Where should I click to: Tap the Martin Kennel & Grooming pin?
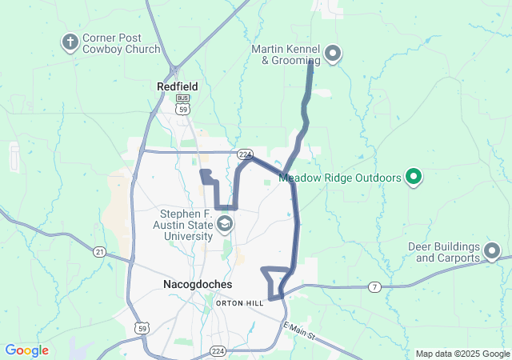click(x=333, y=54)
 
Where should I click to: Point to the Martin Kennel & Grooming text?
click(x=286, y=54)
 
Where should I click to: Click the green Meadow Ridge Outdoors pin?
click(x=414, y=176)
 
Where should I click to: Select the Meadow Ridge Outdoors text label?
click(x=340, y=178)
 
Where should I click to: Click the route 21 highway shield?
click(x=99, y=252)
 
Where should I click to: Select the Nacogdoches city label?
click(x=197, y=285)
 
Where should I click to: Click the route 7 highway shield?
click(x=374, y=286)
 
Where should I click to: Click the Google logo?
click(x=26, y=350)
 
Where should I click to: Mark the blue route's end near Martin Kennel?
click(x=310, y=63)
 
